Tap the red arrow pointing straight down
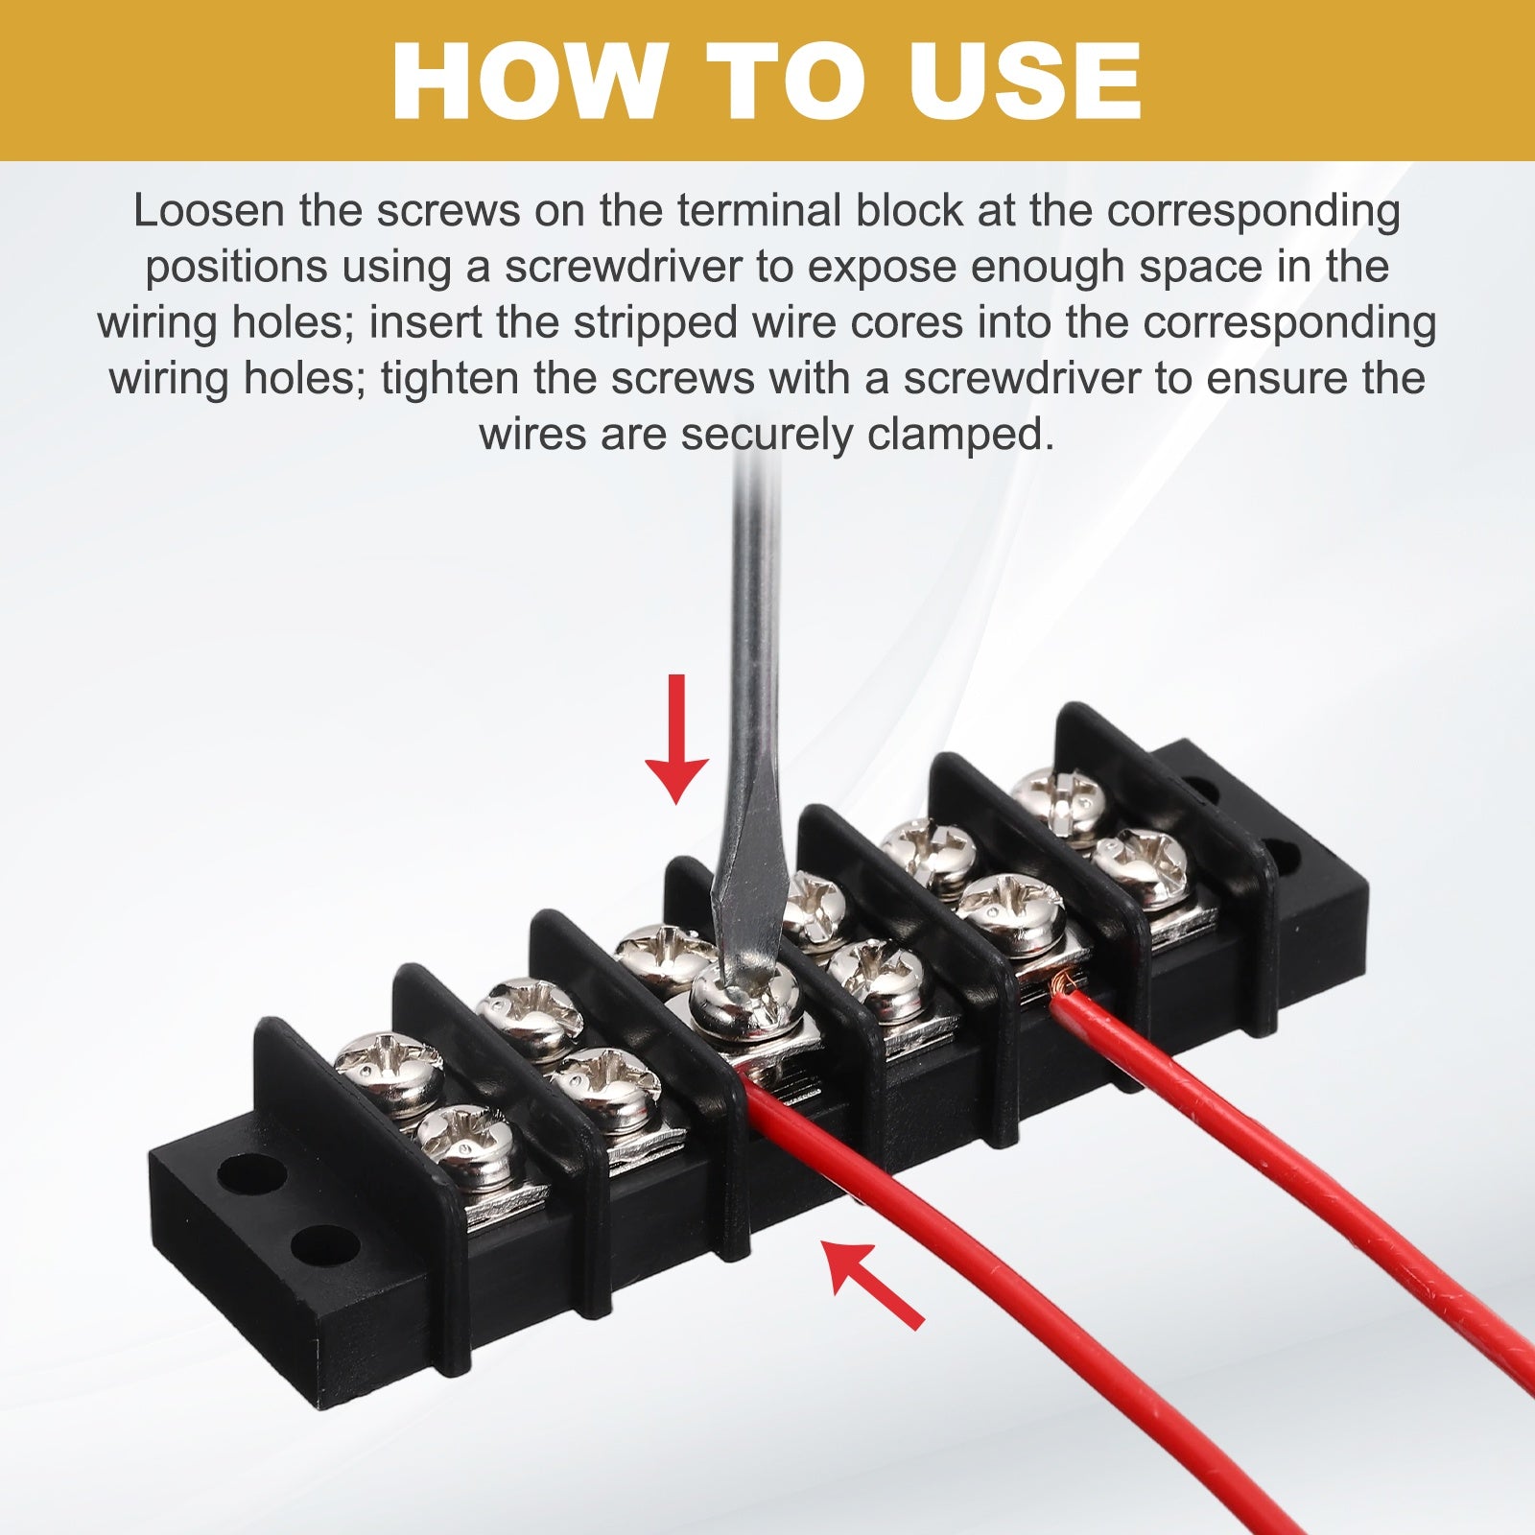pos(677,739)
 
